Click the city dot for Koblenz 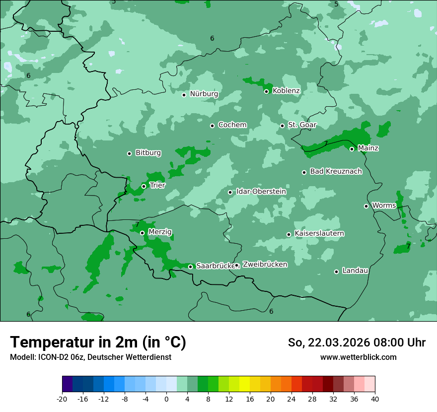coord(266,91)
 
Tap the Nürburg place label coord(204,94)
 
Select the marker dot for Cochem coord(212,126)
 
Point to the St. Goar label coord(302,125)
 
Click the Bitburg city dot coord(129,153)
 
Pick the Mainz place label coord(368,148)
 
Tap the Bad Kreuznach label coord(336,171)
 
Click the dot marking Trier coord(144,186)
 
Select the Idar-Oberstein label coord(261,191)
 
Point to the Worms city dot coord(366,206)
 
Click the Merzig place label coord(160,232)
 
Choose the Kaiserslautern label coord(319,233)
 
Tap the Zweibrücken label coord(265,265)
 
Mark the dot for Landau coord(336,272)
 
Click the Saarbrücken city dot coord(190,267)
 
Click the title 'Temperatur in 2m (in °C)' coord(98,343)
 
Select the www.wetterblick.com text coord(358,357)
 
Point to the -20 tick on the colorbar coord(62,399)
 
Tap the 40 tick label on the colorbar coord(375,399)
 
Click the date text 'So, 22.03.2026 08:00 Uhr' coord(357,343)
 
